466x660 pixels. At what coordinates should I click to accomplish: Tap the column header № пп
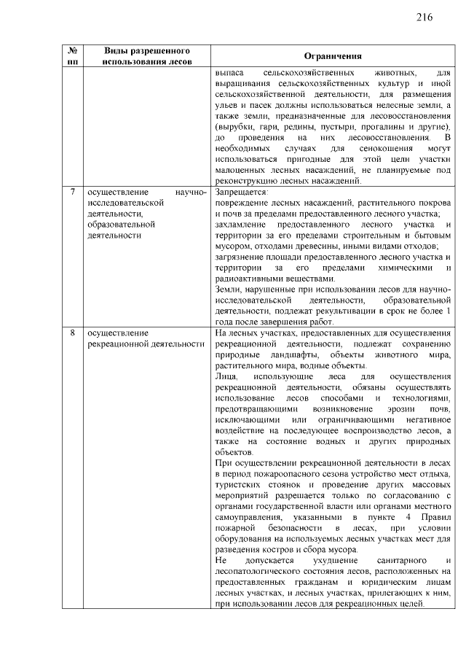coord(72,57)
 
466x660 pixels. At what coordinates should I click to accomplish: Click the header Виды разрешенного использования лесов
coord(147,57)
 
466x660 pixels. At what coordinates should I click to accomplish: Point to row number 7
coord(72,192)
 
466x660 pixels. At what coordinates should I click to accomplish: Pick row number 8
coord(72,333)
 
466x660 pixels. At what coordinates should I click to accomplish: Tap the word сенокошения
coord(358,148)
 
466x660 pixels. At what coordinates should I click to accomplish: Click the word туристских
coord(240,484)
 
